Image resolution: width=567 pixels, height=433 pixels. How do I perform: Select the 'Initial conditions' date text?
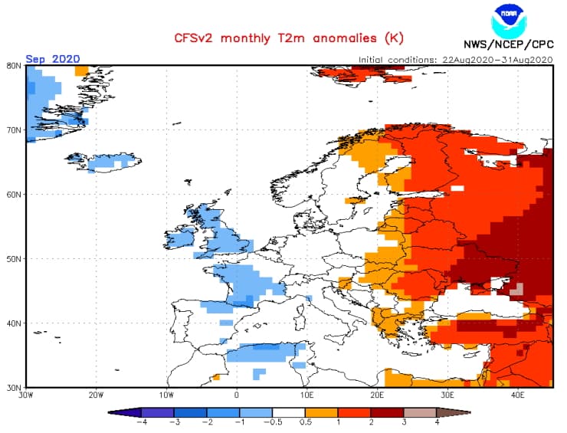[x=455, y=59]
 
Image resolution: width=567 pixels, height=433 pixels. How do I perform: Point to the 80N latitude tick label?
[x=14, y=65]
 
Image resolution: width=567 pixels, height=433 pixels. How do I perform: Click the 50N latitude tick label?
[x=14, y=258]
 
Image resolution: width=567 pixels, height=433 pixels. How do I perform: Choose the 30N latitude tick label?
[x=14, y=387]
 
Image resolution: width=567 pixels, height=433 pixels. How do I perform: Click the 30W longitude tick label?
[x=27, y=395]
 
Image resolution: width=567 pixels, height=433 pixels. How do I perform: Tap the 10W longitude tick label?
[x=166, y=395]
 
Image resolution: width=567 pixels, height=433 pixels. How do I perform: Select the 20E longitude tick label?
[x=376, y=395]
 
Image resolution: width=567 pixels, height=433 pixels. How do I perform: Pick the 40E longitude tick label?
[x=516, y=395]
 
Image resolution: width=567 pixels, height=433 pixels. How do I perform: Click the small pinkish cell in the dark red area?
[x=516, y=289]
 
